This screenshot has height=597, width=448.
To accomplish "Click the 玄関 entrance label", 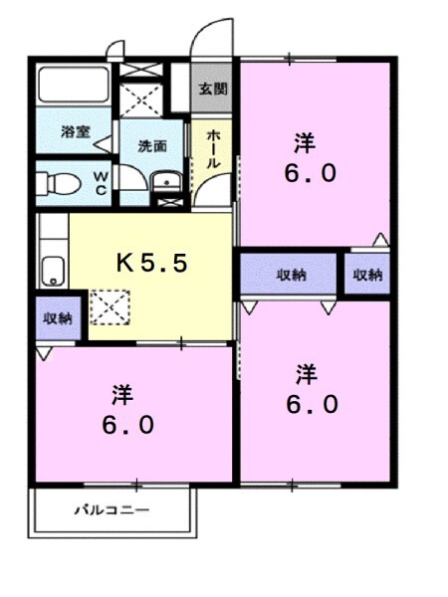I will pyautogui.click(x=212, y=89).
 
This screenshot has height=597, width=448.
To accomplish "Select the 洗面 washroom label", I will pyautogui.click(x=151, y=145).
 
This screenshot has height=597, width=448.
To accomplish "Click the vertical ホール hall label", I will pyautogui.click(x=213, y=149).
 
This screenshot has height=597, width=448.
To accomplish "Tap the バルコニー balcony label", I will pyautogui.click(x=112, y=510).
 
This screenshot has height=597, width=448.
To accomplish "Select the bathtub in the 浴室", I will pyautogui.click(x=74, y=89).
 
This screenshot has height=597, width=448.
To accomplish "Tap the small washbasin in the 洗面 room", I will pyautogui.click(x=165, y=182).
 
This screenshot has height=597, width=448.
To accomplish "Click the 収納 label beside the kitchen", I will pyautogui.click(x=57, y=318).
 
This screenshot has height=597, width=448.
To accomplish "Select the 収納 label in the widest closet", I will pyautogui.click(x=290, y=274).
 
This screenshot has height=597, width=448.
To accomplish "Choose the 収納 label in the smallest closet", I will pyautogui.click(x=366, y=274).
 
